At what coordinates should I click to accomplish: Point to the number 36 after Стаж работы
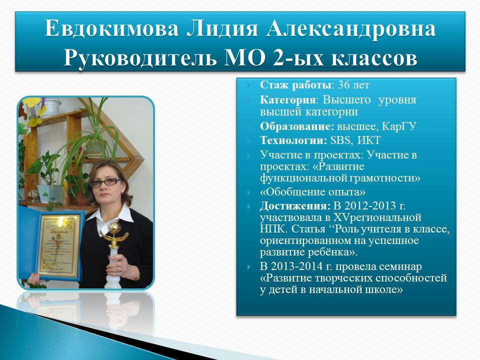coord(343,85)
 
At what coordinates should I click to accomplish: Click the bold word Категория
coord(287,100)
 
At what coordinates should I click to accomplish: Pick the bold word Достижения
coord(295,205)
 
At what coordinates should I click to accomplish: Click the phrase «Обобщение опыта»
coord(312,192)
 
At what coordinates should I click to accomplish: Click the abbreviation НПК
coord(273,229)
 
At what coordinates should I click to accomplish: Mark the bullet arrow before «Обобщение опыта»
coord(249,192)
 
